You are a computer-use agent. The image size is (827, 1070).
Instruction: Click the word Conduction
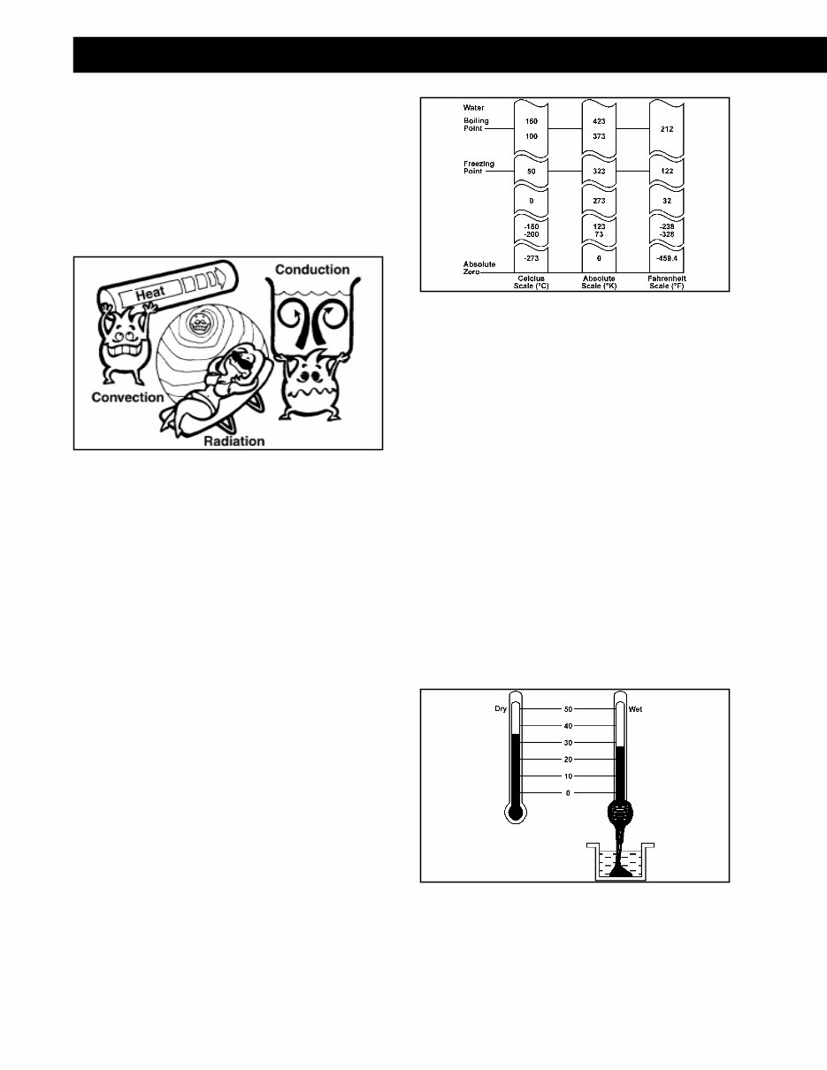coord(312,270)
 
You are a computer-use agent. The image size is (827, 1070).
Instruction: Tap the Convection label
coord(127,397)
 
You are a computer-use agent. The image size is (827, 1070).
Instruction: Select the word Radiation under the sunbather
coord(234,441)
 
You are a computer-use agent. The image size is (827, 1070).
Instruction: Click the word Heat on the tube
coord(150,294)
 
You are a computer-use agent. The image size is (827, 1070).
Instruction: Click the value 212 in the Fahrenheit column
coord(667,129)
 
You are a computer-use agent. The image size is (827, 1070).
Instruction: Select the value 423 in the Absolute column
coord(599,121)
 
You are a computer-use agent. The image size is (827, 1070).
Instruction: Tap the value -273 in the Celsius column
coord(532,258)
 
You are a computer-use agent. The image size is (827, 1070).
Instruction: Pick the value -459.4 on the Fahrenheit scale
coord(667,258)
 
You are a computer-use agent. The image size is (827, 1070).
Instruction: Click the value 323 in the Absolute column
coord(599,171)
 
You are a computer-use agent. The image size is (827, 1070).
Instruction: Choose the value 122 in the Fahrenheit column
coord(667,171)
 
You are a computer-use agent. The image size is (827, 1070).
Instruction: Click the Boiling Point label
coord(476,125)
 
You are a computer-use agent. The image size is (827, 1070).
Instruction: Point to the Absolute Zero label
coord(479,268)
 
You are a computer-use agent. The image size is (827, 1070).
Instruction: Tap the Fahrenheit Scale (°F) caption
coord(667,282)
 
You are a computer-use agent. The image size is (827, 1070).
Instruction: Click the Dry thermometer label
coord(501,709)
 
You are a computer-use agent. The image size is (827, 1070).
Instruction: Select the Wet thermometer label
coord(635,709)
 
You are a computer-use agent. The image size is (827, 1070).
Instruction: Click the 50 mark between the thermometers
coord(569,709)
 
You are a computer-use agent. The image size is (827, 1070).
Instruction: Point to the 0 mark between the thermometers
coord(569,793)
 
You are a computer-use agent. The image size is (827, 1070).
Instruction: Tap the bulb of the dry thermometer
coord(515,813)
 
